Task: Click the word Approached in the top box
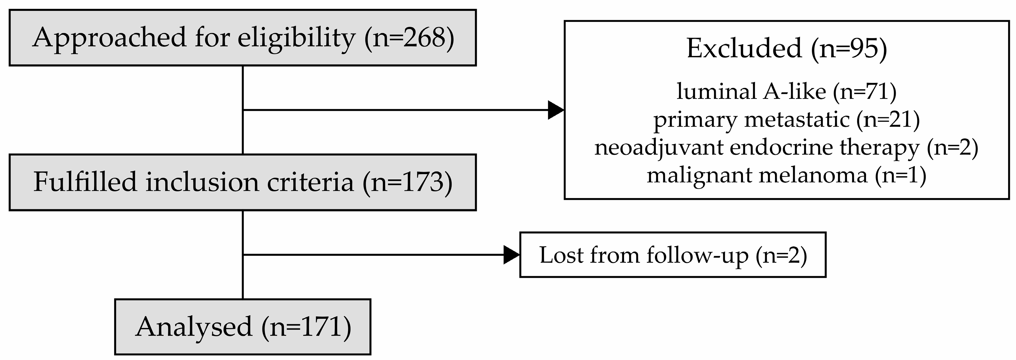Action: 109,38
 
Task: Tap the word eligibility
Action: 296,38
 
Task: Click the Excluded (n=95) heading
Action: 786,48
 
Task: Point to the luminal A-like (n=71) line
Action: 786,91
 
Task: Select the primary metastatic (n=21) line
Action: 786,119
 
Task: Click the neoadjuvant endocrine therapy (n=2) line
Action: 786,148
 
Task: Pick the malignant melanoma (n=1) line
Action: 786,175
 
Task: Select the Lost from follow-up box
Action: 672,255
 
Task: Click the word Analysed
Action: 193,327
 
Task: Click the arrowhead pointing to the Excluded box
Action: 555,110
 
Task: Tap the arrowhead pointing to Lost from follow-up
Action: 511,255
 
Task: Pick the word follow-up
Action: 697,255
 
